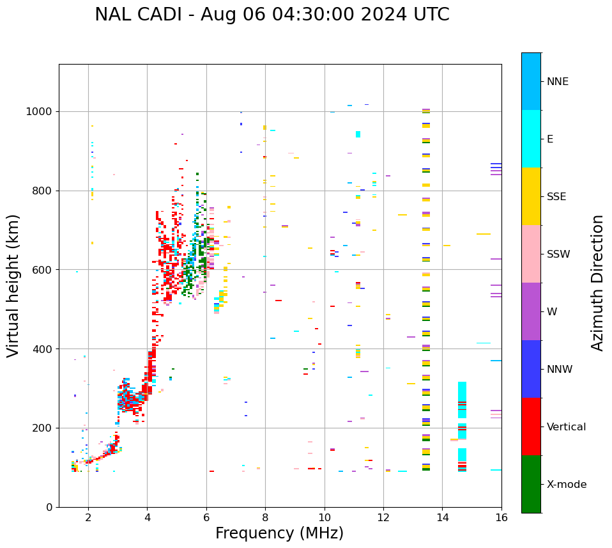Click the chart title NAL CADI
pyautogui.click(x=272, y=15)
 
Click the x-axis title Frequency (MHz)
pyautogui.click(x=279, y=533)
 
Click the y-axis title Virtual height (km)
pyautogui.click(x=13, y=285)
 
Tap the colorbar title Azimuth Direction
pyautogui.click(x=597, y=283)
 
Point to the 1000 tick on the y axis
pyautogui.click(x=40, y=111)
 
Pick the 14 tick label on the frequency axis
pyautogui.click(x=442, y=517)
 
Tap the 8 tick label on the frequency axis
pyautogui.click(x=265, y=517)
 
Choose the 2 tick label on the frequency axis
pyautogui.click(x=88, y=517)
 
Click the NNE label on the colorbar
pyautogui.click(x=557, y=82)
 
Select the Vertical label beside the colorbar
pyautogui.click(x=566, y=427)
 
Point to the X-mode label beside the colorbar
pyautogui.click(x=566, y=485)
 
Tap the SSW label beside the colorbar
pyautogui.click(x=558, y=254)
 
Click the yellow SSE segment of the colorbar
pyautogui.click(x=531, y=196)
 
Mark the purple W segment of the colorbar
pyautogui.click(x=531, y=311)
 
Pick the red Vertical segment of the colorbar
pyautogui.click(x=531, y=427)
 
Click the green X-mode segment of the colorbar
pyautogui.click(x=531, y=484)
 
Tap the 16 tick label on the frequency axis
pyautogui.click(x=501, y=517)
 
